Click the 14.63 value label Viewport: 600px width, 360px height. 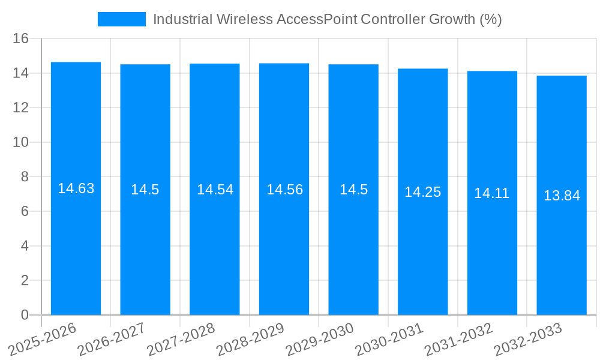76,188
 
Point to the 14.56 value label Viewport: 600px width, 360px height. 284,190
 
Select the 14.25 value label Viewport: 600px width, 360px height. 422,192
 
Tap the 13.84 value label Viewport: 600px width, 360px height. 562,196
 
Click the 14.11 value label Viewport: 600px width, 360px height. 492,193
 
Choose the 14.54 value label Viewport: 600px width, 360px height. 215,190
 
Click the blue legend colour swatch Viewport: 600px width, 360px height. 122,19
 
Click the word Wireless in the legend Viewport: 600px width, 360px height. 244,19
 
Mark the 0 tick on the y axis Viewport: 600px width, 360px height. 25,315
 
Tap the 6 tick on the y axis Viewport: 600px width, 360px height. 25,211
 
